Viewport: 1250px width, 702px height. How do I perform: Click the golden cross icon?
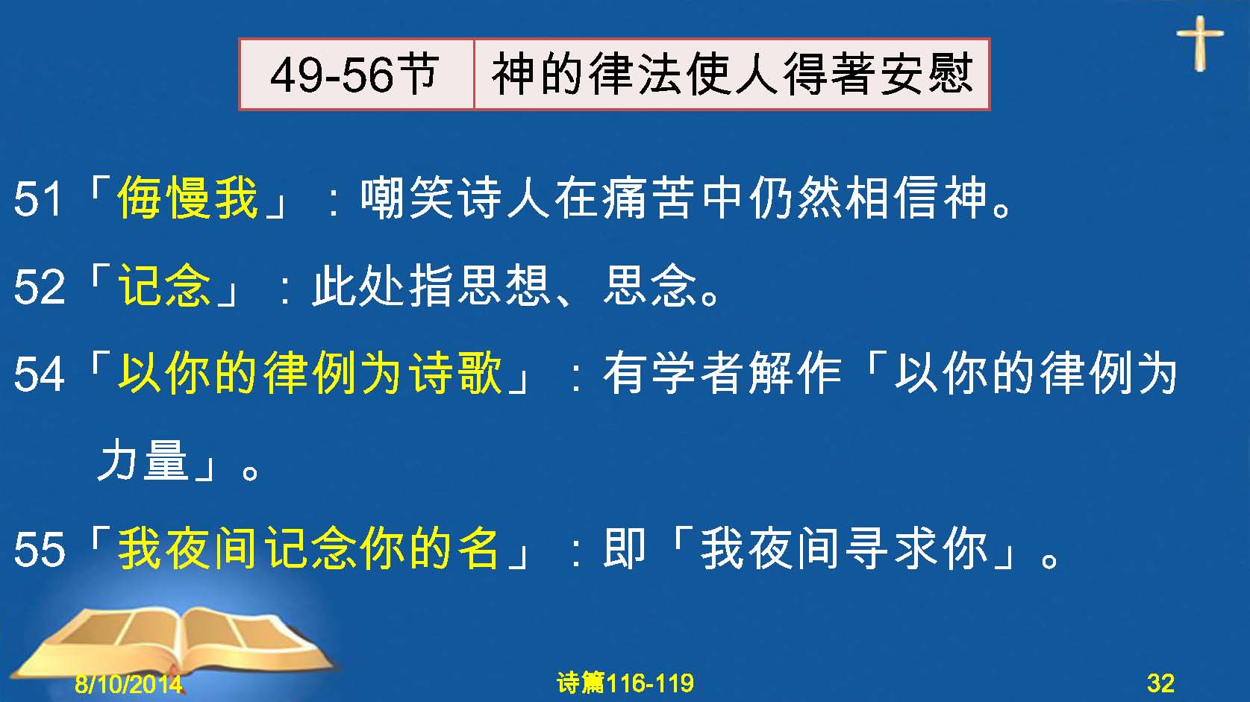(x=1200, y=43)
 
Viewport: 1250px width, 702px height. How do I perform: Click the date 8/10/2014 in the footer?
(x=128, y=683)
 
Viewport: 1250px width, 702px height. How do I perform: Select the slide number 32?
(x=1160, y=683)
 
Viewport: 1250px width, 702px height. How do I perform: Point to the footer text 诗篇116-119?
(x=625, y=683)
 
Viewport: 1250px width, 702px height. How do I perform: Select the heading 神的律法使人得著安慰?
(x=731, y=74)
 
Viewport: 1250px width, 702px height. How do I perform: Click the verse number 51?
(x=37, y=198)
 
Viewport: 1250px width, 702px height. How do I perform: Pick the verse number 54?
(x=39, y=374)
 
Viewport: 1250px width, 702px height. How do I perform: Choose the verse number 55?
(x=39, y=549)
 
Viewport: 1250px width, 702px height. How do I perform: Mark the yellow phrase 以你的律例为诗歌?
(x=310, y=372)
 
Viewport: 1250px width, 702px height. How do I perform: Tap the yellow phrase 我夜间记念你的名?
(x=308, y=548)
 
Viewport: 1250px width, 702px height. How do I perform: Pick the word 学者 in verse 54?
(x=699, y=372)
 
